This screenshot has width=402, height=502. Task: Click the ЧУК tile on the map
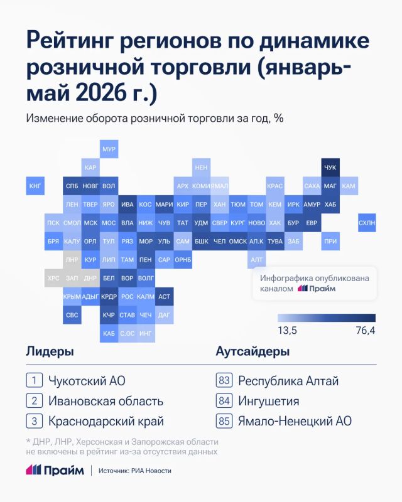click(330, 168)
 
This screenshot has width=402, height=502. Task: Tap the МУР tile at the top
click(109, 149)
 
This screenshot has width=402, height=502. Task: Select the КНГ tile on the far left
click(35, 186)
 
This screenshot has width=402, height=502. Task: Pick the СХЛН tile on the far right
click(367, 223)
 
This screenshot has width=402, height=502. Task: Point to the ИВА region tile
click(128, 205)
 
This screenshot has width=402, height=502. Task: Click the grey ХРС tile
click(53, 278)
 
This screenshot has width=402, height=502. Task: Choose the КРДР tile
click(109, 296)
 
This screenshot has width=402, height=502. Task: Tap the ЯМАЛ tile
click(220, 186)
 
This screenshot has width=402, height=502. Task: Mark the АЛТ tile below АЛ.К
click(256, 260)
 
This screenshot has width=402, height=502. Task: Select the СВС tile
click(72, 315)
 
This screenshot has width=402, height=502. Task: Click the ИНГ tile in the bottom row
click(146, 333)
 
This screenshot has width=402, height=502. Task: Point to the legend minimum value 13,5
click(287, 331)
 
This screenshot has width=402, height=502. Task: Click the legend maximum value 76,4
click(366, 331)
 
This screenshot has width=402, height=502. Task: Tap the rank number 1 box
click(35, 380)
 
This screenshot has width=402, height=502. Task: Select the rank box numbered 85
click(224, 420)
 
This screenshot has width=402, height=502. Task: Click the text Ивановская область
click(106, 401)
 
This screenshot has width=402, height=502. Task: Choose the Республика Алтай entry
click(288, 381)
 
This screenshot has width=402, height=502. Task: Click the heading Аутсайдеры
click(253, 351)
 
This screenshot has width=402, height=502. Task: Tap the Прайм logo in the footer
click(55, 470)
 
